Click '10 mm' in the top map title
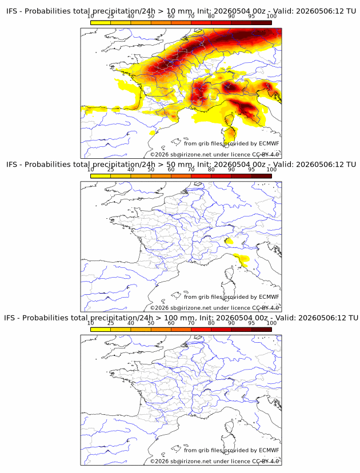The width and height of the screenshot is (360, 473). point(180,11)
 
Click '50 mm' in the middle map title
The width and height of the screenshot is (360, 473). point(180,165)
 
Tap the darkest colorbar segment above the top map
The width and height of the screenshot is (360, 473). point(262,23)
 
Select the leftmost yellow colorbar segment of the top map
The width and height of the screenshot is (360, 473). point(101,23)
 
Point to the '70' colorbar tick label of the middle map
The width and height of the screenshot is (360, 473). point(191,170)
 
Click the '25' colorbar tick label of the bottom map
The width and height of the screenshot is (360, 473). point(110,323)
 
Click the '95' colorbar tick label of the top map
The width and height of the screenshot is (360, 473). point(251,17)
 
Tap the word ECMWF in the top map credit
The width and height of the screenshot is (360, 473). point(269,143)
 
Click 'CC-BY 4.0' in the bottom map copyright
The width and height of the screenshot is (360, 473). point(266,461)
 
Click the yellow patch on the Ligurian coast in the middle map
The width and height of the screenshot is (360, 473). point(242,259)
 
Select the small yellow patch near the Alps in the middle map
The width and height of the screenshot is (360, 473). point(229,240)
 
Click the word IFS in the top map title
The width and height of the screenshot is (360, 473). point(11,11)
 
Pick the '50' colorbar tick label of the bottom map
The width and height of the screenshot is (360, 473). point(151,323)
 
